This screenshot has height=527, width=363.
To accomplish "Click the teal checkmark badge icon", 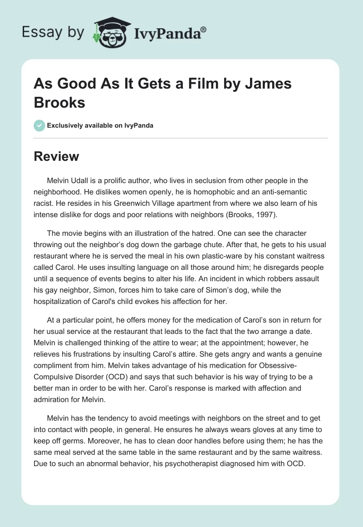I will [39, 125].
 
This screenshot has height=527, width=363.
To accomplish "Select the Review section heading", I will [56, 156].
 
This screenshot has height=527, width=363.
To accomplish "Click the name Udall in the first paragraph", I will [83, 181].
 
